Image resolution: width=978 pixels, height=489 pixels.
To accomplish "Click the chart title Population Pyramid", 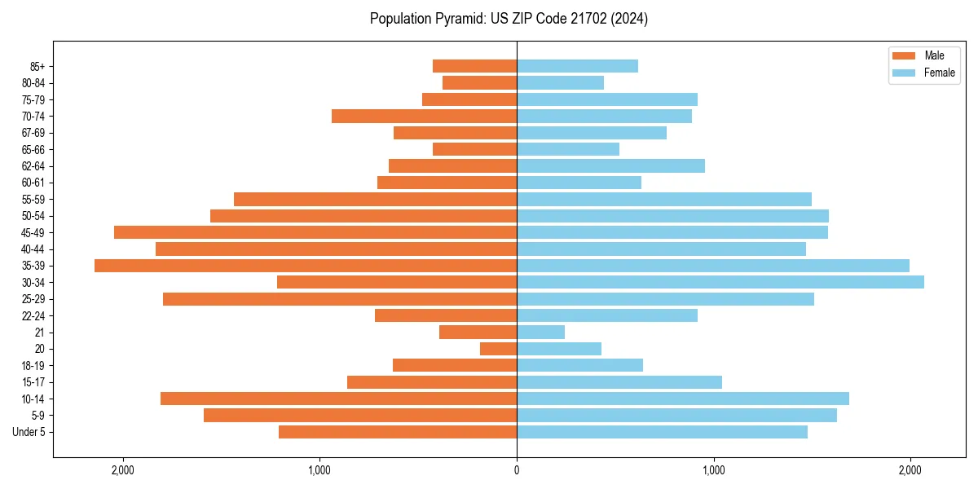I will [x=509, y=19].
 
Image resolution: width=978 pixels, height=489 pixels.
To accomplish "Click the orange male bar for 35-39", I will [x=306, y=266].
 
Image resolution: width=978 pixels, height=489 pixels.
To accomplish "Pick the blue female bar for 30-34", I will [x=720, y=282].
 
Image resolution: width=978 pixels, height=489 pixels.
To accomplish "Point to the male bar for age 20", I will [x=498, y=349].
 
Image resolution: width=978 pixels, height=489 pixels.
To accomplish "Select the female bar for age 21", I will [x=540, y=332].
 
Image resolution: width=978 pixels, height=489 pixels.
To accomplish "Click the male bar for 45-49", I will [x=315, y=232].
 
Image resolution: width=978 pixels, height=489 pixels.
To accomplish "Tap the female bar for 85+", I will [x=577, y=66].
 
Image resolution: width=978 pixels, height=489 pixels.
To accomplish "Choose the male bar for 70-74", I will [x=424, y=116].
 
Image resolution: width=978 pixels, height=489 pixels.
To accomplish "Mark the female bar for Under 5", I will [x=662, y=432].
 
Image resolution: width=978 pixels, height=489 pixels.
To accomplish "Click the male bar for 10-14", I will [x=338, y=399].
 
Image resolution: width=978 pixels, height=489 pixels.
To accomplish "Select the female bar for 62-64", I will [x=610, y=165].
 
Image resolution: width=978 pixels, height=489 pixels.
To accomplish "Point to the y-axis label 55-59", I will [x=33, y=199].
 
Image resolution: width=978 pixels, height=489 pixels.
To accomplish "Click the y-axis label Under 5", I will [x=29, y=432].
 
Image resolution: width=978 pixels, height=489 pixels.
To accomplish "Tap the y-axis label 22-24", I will [x=33, y=315].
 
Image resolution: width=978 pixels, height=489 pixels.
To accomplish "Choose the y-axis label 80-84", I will [x=33, y=82].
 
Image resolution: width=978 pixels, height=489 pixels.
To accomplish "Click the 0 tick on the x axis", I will [x=517, y=470].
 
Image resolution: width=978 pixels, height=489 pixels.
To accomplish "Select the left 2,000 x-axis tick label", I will [x=122, y=470].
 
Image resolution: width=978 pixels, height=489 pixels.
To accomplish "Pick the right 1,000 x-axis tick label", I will [x=714, y=470].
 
